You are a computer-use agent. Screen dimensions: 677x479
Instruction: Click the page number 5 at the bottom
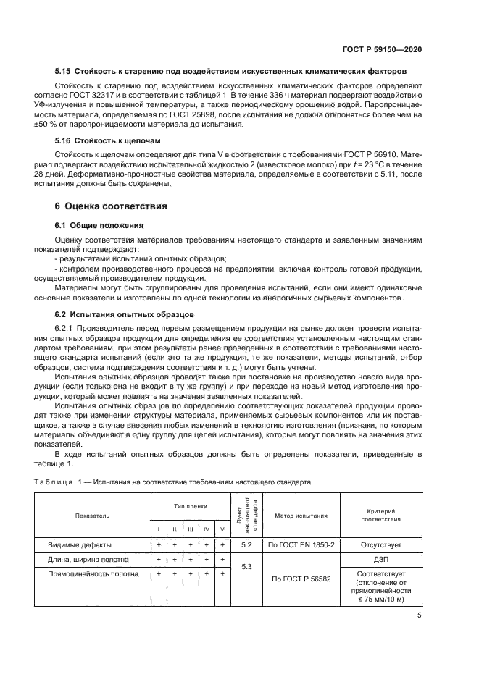click(x=420, y=615)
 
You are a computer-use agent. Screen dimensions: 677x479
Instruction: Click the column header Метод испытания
click(x=301, y=516)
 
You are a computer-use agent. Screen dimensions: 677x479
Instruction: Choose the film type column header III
click(x=191, y=529)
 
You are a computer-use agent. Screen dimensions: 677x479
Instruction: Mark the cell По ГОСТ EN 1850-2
click(x=301, y=544)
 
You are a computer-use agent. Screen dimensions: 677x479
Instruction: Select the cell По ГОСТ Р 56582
click(x=301, y=579)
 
